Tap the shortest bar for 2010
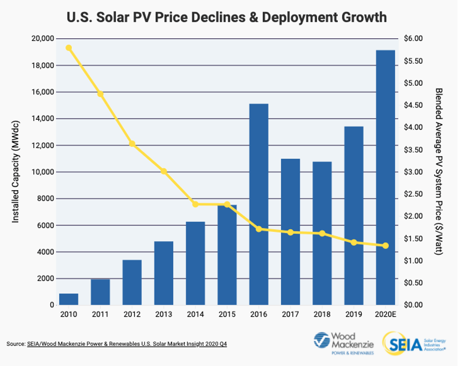(x=69, y=299)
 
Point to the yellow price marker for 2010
(x=69, y=48)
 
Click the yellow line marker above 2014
(x=195, y=204)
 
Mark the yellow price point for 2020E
(x=386, y=245)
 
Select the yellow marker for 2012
(x=132, y=143)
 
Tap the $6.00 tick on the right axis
(x=414, y=39)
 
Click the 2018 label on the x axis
(x=322, y=315)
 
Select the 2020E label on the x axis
(x=386, y=315)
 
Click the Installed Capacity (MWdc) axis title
(x=15, y=172)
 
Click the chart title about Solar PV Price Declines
(x=227, y=17)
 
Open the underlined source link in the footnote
(x=127, y=344)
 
